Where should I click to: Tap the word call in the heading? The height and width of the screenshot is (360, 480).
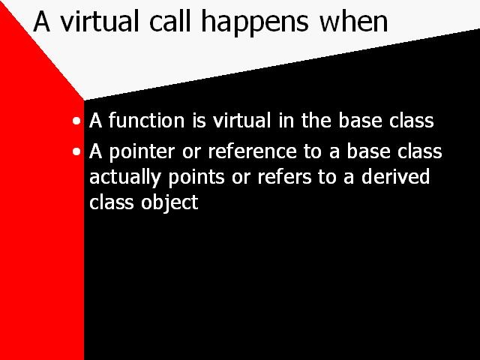(x=170, y=21)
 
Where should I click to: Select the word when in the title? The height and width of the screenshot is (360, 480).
(x=353, y=21)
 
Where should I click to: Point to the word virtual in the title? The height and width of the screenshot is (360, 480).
(x=99, y=21)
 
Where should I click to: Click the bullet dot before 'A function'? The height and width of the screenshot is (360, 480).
(x=76, y=121)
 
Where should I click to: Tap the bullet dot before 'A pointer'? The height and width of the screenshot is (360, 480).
(x=76, y=151)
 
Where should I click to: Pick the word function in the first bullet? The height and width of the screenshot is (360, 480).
(x=147, y=120)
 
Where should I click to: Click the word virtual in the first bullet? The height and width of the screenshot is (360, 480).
(x=241, y=120)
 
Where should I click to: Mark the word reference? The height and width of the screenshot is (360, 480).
(x=252, y=151)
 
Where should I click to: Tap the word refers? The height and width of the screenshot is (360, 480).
(x=283, y=177)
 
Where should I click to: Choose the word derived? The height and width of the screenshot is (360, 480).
(x=395, y=177)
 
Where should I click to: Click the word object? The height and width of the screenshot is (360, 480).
(x=169, y=203)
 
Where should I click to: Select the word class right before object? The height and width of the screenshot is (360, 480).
(x=112, y=202)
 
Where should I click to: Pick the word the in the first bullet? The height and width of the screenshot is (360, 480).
(x=316, y=120)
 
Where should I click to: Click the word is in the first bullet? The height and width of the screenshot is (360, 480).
(x=199, y=121)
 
